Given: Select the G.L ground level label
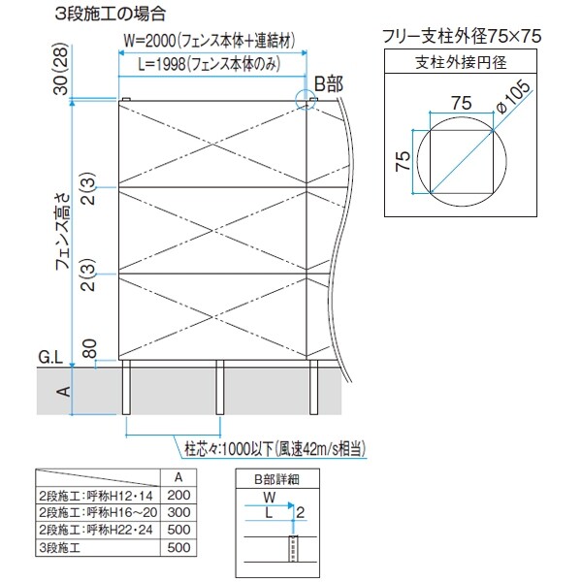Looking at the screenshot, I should tap(50, 358).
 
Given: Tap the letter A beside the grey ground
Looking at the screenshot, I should tap(62, 392).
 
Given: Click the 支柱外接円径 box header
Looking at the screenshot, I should tap(462, 64).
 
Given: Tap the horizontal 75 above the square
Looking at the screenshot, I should tap(460, 100).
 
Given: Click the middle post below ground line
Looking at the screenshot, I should tap(219, 393).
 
